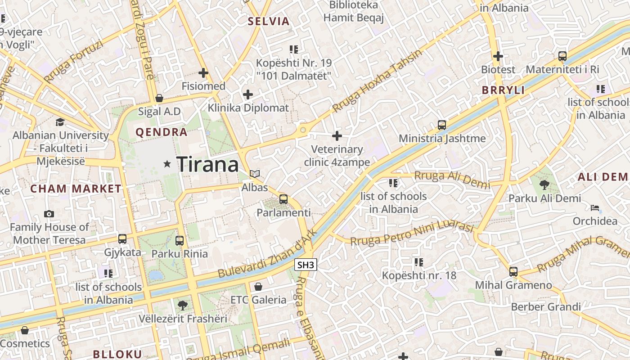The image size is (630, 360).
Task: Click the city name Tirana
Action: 207,164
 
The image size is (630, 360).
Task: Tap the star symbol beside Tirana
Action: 167,164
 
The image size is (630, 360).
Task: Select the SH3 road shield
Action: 306,265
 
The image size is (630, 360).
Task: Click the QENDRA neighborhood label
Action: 162,132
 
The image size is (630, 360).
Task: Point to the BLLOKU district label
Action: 117,354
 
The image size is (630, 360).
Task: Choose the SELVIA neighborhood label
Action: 269,21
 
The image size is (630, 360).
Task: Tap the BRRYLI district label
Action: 503,90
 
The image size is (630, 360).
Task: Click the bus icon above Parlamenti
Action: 283,199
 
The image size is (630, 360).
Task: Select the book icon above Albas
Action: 255,174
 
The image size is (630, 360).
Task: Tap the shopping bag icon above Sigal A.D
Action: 159,98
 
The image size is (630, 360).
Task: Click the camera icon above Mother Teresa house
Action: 49,214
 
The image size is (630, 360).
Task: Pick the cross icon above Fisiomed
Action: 203,72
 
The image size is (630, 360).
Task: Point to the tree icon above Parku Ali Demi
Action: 544,184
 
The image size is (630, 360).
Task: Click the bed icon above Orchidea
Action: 595,207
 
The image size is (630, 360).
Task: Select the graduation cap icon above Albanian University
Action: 60,122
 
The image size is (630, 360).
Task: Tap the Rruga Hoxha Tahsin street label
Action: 378,81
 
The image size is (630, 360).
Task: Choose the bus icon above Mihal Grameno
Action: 513,272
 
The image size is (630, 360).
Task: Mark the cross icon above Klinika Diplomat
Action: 248,94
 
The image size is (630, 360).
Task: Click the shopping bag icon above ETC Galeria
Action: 258,287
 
